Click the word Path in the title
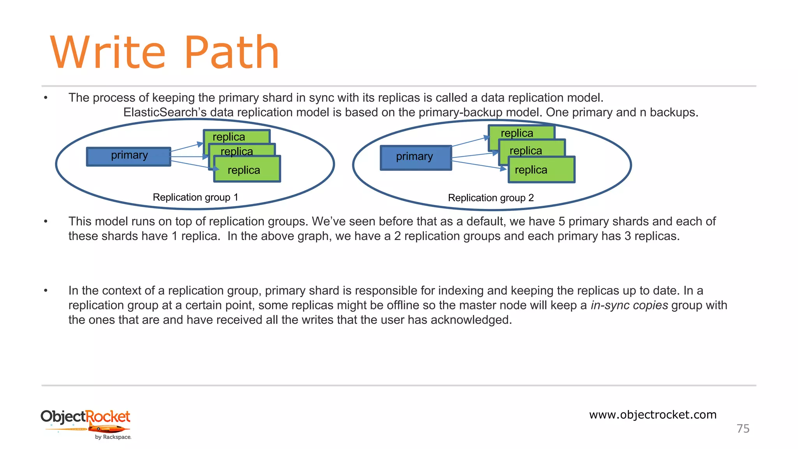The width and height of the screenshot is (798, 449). click(x=231, y=53)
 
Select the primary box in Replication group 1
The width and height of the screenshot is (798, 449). click(x=129, y=156)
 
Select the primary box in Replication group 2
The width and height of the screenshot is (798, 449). click(x=415, y=157)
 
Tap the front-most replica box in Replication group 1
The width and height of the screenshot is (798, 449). click(x=247, y=170)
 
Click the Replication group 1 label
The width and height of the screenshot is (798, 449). click(x=195, y=197)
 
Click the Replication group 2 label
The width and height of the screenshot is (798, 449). click(x=491, y=198)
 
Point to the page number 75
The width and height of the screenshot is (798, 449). click(x=743, y=429)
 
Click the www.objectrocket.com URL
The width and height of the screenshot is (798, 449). click(x=653, y=415)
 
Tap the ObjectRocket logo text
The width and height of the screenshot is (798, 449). click(x=85, y=417)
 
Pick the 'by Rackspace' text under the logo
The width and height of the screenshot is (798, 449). click(x=113, y=437)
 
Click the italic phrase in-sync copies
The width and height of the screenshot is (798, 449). click(x=629, y=305)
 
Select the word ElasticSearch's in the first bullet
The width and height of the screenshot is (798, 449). click(x=165, y=113)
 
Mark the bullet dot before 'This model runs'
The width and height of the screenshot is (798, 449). click(x=46, y=222)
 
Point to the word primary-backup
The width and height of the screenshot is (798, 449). click(x=460, y=113)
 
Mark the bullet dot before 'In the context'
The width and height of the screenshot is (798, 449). click(x=46, y=291)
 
